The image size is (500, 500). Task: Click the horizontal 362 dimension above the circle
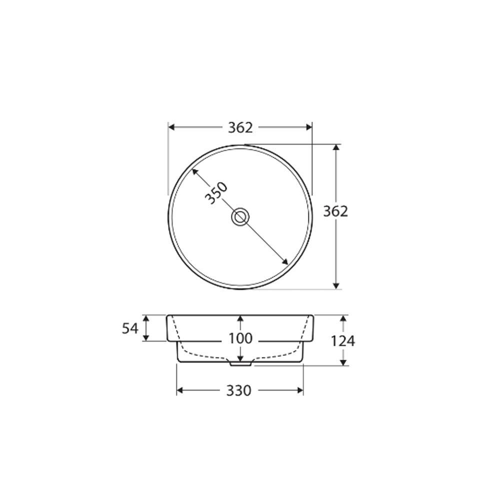click(240, 127)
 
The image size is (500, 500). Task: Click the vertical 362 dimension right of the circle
click(335, 211)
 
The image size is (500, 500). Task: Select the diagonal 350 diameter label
click(216, 193)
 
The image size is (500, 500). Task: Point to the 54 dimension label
click(130, 328)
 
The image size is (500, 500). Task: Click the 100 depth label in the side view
click(240, 338)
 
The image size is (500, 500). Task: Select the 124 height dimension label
click(343, 341)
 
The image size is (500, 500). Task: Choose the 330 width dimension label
click(238, 390)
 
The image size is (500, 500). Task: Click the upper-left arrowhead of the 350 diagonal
click(194, 171)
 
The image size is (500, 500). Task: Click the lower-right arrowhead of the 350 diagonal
click(285, 261)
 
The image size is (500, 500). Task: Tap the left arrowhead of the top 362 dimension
click(171, 127)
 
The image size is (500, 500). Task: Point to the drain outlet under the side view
click(240, 363)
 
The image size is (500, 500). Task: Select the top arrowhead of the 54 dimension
click(145, 318)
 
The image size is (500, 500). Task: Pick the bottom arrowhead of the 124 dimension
click(343, 361)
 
